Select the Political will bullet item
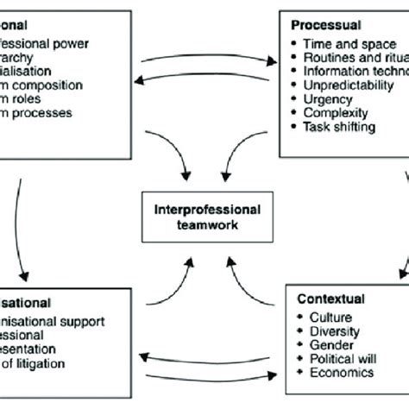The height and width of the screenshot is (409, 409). tap(340, 359)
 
